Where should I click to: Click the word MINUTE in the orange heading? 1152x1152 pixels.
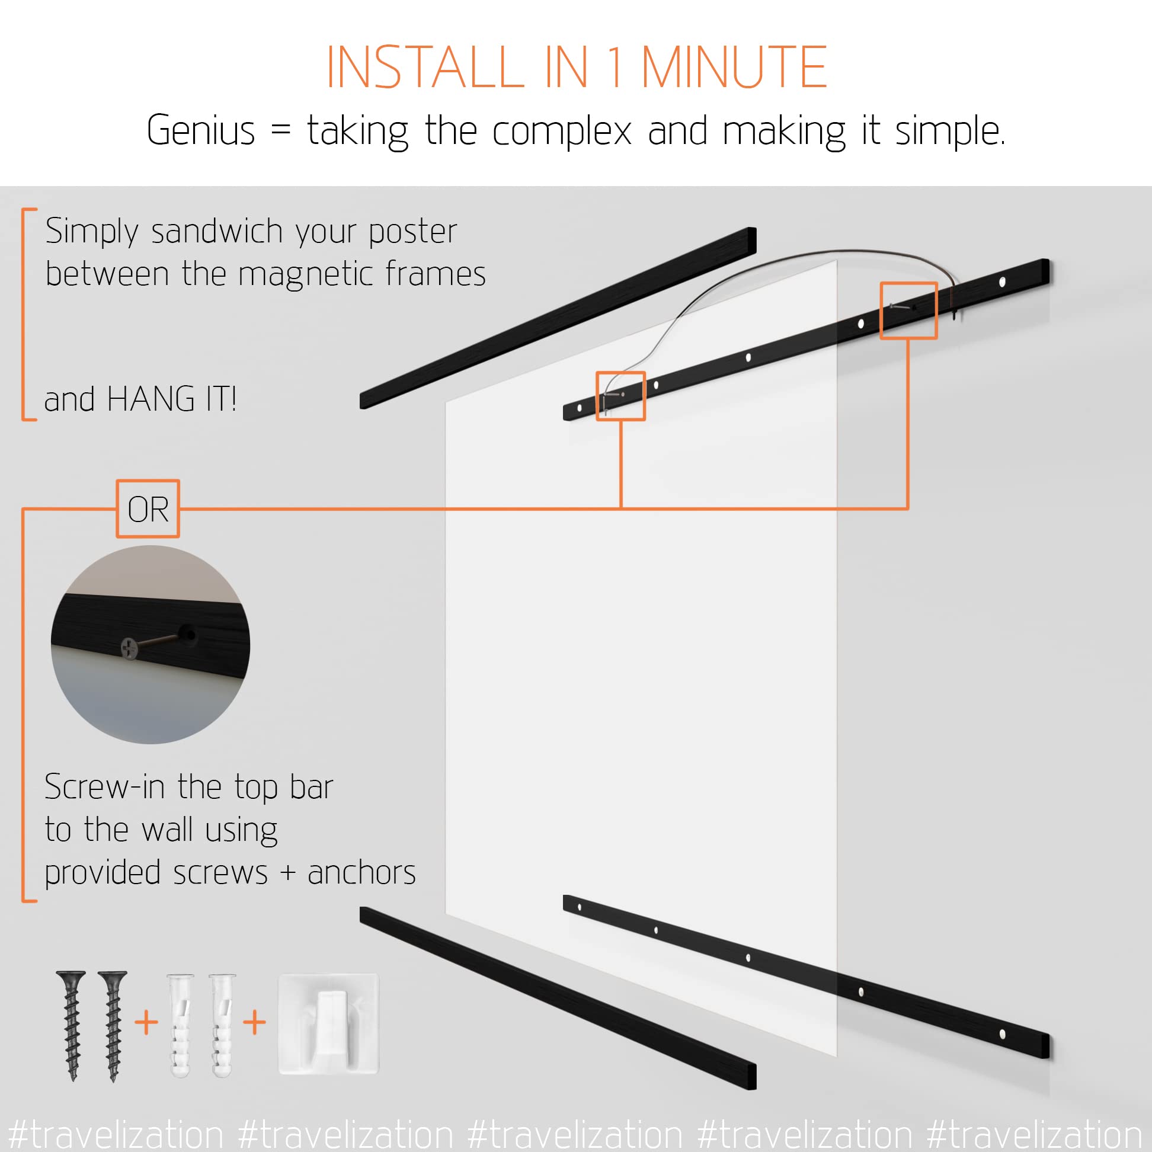click(734, 68)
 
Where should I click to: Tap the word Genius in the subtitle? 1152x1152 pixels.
click(200, 130)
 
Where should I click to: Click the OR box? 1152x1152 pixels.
click(148, 509)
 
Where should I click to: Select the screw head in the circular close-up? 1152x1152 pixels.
click(129, 648)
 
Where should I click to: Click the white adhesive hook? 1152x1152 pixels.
click(329, 1025)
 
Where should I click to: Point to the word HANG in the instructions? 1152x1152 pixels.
click(151, 399)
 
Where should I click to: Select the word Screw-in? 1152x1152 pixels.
click(104, 787)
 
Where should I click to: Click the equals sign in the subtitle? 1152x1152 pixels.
click(280, 130)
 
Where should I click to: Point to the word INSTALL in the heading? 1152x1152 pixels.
click(425, 68)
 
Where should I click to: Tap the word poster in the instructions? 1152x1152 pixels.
click(412, 232)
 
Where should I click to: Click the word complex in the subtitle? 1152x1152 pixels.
click(562, 132)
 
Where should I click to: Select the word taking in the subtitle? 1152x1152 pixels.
click(358, 132)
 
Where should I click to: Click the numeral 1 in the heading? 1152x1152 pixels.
click(615, 68)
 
